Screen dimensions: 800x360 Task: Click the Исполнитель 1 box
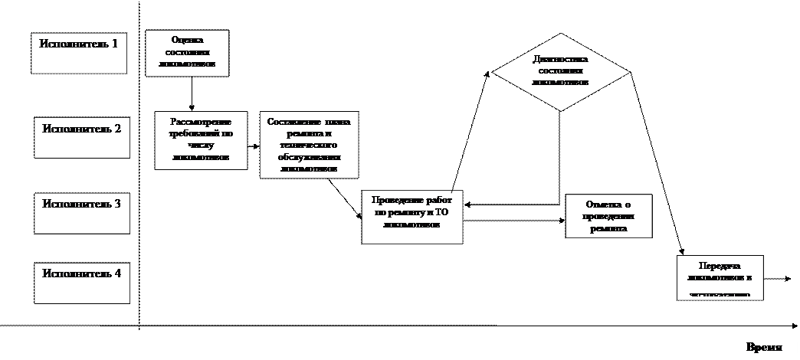coord(79,53)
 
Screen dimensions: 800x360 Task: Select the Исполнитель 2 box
coord(82,138)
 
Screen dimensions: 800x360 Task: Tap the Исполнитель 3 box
coord(82,212)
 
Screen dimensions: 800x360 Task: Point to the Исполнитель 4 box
coord(82,283)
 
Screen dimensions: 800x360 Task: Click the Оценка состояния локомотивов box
coord(187,53)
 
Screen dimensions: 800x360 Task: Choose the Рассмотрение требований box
coord(202,140)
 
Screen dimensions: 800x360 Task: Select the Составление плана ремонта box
coord(310,145)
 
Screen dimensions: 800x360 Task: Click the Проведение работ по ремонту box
coord(412,217)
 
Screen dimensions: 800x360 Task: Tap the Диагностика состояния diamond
coord(560,71)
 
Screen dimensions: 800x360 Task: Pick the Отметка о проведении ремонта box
coord(608,217)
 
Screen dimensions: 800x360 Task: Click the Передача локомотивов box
coord(720,277)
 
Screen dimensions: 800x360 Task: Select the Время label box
coord(764,347)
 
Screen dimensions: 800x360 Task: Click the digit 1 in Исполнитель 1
coord(114,44)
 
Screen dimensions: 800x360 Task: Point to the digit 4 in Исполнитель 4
coord(117,273)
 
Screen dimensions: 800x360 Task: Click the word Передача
coord(720,265)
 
